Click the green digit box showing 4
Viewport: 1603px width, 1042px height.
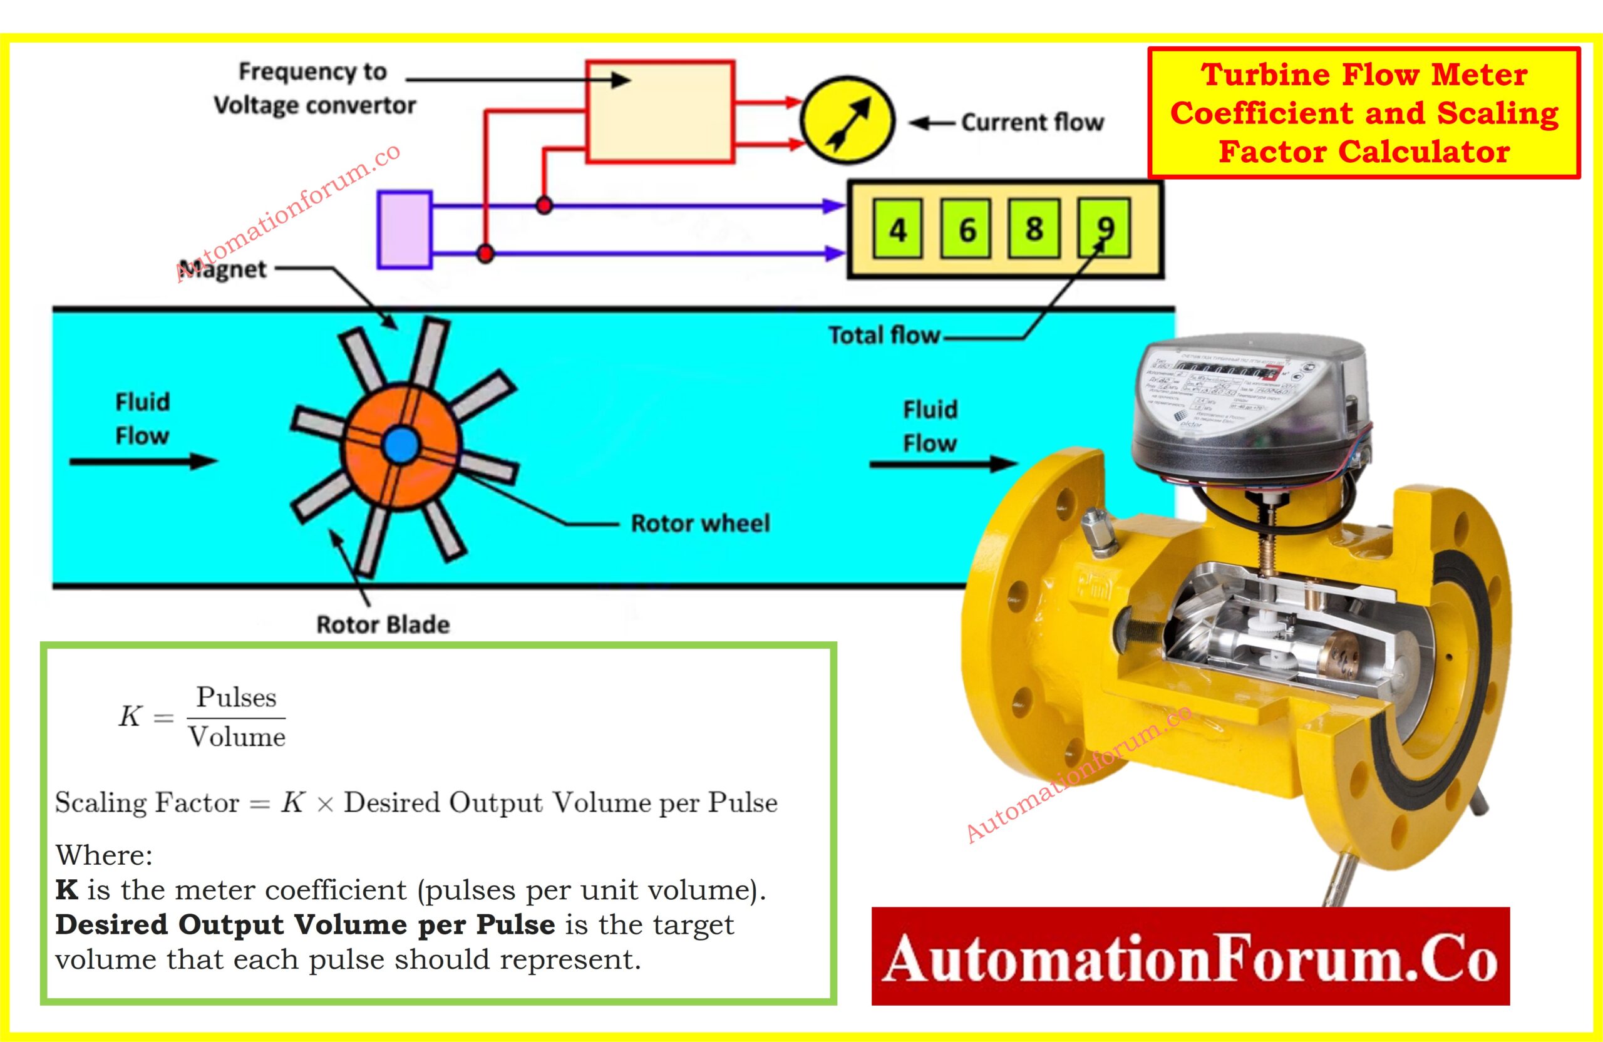(898, 229)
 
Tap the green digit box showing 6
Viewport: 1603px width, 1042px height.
(966, 229)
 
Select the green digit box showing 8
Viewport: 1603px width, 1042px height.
(1034, 229)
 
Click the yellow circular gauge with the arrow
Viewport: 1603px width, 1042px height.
(847, 121)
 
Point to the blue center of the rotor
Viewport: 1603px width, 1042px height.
(401, 445)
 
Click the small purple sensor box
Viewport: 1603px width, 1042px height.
(404, 230)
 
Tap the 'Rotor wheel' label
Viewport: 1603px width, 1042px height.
(700, 524)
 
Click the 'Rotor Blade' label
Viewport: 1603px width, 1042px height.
(383, 624)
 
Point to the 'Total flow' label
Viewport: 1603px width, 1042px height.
(884, 335)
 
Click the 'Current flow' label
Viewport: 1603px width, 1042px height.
(1032, 123)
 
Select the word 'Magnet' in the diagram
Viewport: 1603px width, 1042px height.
(225, 269)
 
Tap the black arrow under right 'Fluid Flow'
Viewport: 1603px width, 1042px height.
(942, 464)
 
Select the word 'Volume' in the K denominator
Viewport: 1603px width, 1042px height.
(237, 737)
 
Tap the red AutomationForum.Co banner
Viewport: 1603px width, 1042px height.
(1190, 957)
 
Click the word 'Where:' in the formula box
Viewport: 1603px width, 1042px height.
(104, 855)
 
